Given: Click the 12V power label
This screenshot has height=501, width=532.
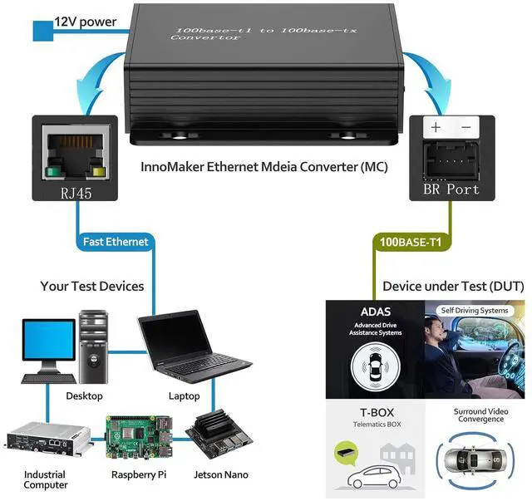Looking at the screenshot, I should tap(86, 20).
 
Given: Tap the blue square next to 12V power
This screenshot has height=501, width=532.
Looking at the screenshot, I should tap(42, 32).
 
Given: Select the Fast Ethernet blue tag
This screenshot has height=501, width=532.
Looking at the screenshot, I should tap(116, 242).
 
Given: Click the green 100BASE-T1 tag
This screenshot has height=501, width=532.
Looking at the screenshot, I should tap(411, 242).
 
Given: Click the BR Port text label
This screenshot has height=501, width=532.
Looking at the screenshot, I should tap(451, 189).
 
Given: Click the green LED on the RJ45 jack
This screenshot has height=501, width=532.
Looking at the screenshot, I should tap(56, 174).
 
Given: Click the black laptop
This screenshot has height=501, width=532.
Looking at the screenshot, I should tap(195, 346).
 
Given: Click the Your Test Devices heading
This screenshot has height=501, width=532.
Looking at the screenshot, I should tap(92, 287).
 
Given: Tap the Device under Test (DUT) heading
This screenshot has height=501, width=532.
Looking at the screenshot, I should tap(453, 287).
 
